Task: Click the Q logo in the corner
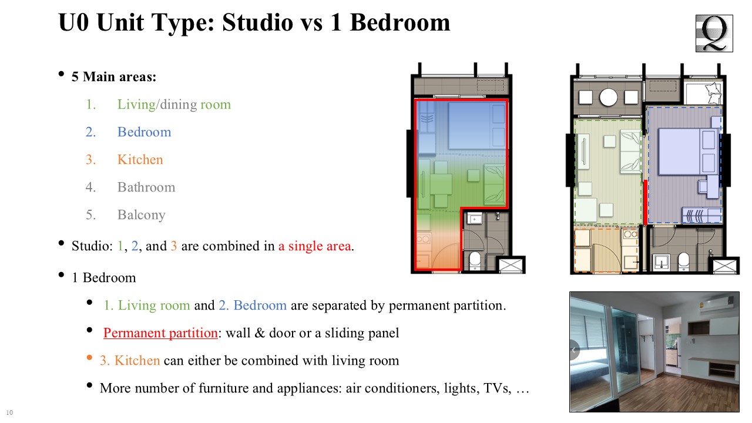714,33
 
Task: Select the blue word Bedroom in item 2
144,132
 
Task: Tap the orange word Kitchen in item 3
140,159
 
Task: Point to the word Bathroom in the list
146,187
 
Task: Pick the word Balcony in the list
142,215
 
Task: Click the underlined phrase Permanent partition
160,333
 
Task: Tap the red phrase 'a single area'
314,246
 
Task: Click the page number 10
9,412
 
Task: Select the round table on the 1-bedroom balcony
608,98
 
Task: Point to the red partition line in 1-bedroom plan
645,203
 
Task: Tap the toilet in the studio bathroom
475,260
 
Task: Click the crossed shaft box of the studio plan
511,265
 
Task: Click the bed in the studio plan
476,126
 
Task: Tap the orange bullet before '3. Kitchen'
89,358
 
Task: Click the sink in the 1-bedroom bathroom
662,262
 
